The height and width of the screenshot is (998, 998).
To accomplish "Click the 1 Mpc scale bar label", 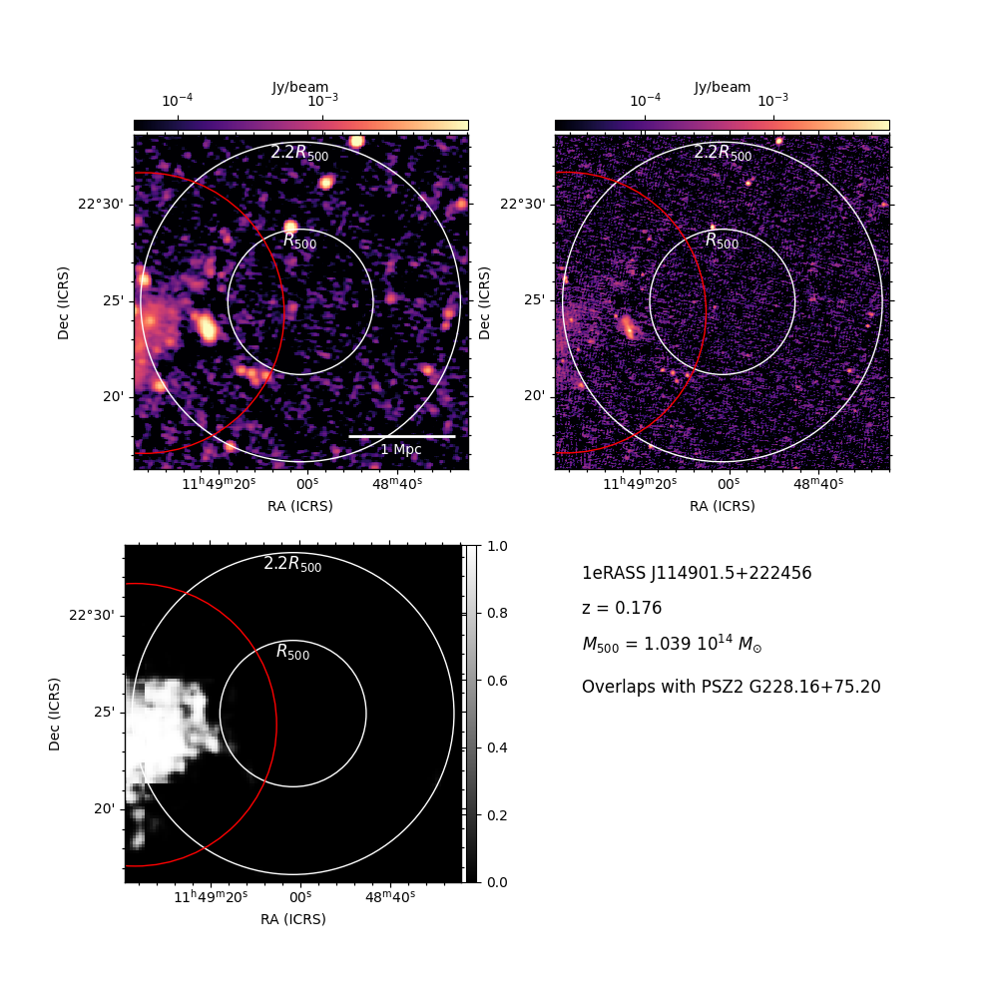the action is pyautogui.click(x=401, y=449).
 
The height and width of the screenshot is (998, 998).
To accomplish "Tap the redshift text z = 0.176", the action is pyautogui.click(x=622, y=608).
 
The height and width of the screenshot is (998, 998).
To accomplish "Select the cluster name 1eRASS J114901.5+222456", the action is pyautogui.click(x=697, y=573).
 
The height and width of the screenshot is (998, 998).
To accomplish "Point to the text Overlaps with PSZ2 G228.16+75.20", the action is pyautogui.click(x=732, y=687).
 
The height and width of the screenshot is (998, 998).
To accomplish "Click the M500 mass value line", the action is pyautogui.click(x=672, y=644).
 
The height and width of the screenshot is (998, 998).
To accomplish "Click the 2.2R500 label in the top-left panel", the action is pyautogui.click(x=299, y=153).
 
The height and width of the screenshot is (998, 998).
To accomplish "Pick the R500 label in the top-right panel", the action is pyautogui.click(x=723, y=241).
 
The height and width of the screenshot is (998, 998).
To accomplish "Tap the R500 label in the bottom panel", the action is pyautogui.click(x=292, y=652).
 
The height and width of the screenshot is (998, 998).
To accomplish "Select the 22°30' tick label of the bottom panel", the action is pyautogui.click(x=92, y=616).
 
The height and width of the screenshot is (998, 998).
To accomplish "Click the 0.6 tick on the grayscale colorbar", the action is pyautogui.click(x=497, y=681).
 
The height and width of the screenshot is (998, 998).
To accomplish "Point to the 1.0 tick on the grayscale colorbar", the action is pyautogui.click(x=497, y=546).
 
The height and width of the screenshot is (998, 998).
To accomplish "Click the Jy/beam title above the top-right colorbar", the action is pyautogui.click(x=723, y=87).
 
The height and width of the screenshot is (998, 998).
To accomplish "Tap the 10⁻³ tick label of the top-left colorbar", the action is pyautogui.click(x=322, y=100).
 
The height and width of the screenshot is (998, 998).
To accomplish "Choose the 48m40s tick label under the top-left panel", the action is pyautogui.click(x=397, y=484).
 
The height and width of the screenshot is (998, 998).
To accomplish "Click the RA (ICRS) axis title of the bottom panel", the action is pyautogui.click(x=292, y=919).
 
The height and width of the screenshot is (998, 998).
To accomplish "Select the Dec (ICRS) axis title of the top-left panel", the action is pyautogui.click(x=63, y=303).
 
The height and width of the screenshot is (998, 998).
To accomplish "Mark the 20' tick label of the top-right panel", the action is pyautogui.click(x=535, y=396).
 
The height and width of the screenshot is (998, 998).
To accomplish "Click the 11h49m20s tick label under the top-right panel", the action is pyautogui.click(x=640, y=484).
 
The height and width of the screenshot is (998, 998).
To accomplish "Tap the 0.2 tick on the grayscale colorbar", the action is pyautogui.click(x=497, y=815).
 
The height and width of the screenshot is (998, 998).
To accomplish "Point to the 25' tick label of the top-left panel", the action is pyautogui.click(x=114, y=300).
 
